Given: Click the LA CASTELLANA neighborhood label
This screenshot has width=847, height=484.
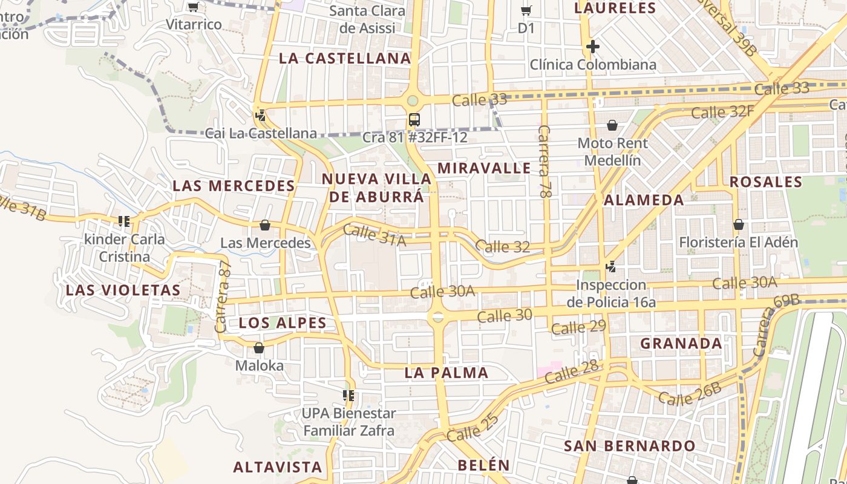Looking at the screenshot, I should [x=345, y=59].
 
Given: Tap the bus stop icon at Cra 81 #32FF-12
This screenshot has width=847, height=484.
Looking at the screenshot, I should [x=414, y=119].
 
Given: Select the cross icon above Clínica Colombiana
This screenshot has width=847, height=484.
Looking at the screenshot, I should [x=593, y=46].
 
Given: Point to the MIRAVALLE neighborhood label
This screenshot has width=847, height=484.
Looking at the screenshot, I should [x=484, y=168].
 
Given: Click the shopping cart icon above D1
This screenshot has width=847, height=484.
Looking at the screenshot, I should [x=526, y=10].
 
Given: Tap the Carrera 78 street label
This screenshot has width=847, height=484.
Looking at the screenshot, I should [x=544, y=162].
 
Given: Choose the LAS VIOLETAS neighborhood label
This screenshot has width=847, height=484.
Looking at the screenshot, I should [x=123, y=290].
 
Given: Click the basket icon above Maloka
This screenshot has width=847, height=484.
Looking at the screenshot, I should [x=259, y=348].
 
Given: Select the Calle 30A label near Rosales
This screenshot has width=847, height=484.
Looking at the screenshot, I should [x=744, y=283].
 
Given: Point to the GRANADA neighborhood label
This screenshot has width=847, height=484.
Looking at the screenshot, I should [x=681, y=344].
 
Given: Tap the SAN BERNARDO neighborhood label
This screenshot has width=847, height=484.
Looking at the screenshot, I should [x=630, y=446].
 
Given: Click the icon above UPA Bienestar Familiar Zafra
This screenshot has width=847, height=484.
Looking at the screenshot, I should [x=348, y=396].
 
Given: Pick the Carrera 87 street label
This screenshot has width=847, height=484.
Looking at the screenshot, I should [x=223, y=297].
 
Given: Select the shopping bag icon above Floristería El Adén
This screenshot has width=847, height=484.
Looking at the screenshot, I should [x=738, y=224].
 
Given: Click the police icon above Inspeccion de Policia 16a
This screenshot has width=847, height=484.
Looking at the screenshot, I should [x=611, y=266].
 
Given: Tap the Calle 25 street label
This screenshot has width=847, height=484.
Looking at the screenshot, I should [x=473, y=427].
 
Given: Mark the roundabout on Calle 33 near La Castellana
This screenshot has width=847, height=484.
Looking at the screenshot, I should [x=413, y=100].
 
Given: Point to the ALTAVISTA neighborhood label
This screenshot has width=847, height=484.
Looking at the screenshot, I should [x=278, y=467].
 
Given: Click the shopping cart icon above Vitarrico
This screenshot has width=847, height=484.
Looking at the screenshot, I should [x=193, y=7].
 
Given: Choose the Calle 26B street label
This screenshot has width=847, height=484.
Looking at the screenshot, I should [x=690, y=394].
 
